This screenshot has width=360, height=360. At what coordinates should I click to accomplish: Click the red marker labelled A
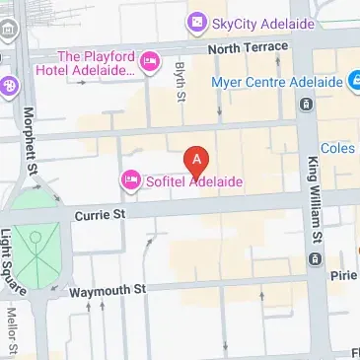(x=197, y=159)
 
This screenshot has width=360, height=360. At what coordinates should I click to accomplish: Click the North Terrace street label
(x=249, y=46)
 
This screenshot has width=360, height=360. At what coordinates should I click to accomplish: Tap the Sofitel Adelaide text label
(x=193, y=181)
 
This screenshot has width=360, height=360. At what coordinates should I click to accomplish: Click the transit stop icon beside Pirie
(x=316, y=259)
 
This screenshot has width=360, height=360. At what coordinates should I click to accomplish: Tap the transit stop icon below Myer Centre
(x=308, y=104)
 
